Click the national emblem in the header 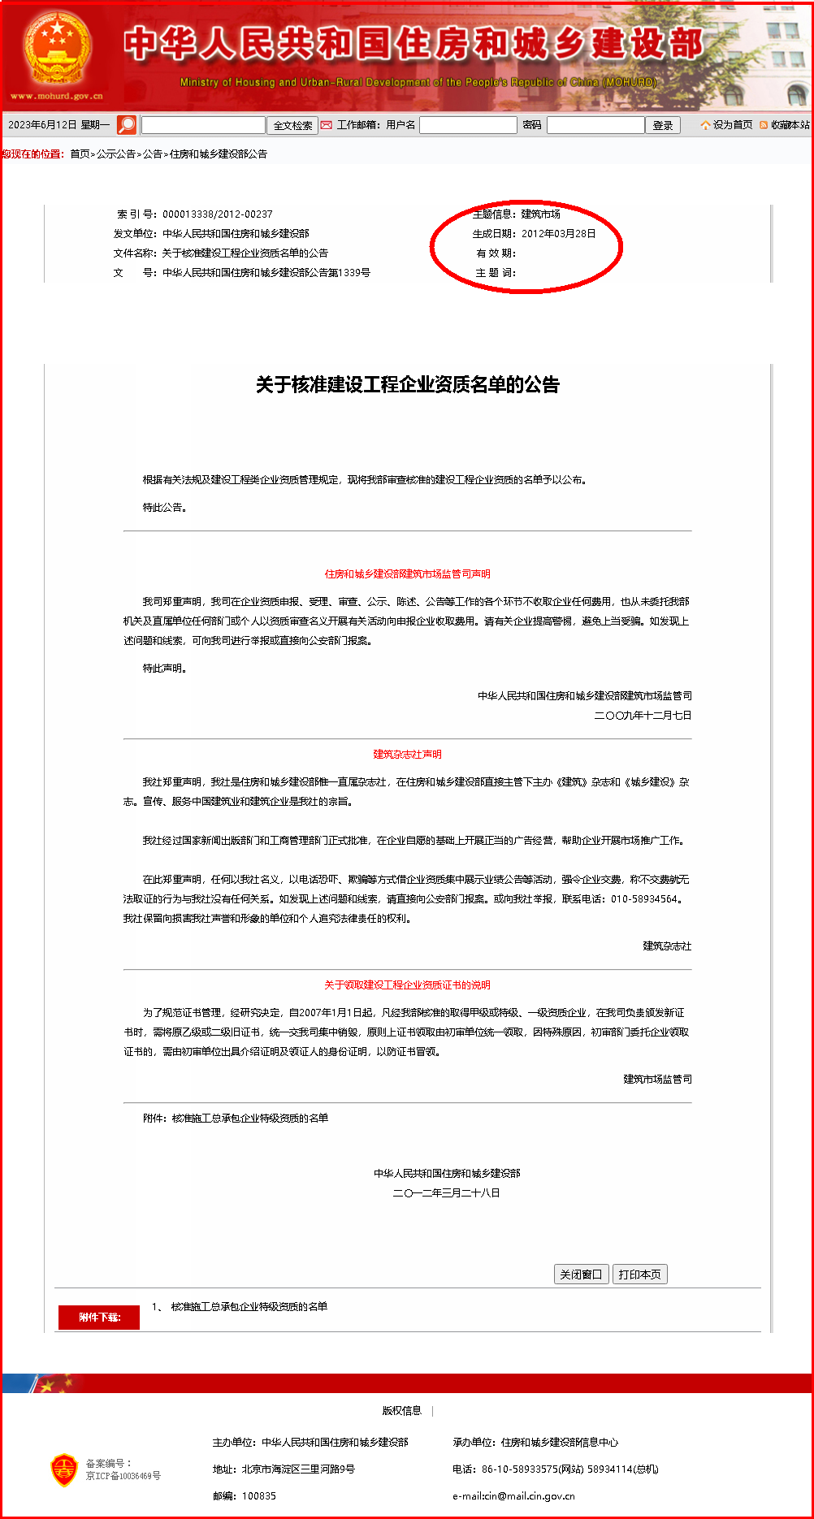(57, 49)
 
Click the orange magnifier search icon (127, 125)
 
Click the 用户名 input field (468, 125)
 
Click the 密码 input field (595, 125)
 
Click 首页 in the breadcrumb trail (80, 154)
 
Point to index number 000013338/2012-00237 (218, 214)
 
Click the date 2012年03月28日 (558, 234)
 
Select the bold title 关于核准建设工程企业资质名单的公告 (408, 385)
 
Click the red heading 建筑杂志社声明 (408, 755)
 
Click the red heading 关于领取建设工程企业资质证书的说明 (408, 985)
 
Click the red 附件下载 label (99, 1318)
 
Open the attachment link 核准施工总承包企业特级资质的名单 (249, 1307)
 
